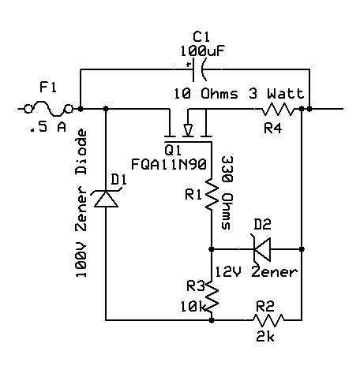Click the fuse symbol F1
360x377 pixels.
(48, 109)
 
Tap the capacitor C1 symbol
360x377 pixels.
(198, 69)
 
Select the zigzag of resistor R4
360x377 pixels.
(278, 109)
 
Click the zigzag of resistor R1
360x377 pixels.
(212, 195)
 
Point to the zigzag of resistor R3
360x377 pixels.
(212, 297)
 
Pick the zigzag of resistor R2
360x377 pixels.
(268, 320)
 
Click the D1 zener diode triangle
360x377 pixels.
(106, 199)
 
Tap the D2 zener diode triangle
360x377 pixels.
(262, 249)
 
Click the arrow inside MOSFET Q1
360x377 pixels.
(188, 129)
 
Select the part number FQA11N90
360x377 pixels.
(169, 165)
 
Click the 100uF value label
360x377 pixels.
(202, 51)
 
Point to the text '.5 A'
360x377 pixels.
(48, 127)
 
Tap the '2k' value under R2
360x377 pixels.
(265, 337)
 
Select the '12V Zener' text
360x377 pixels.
(257, 272)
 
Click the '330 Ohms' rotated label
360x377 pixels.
(227, 193)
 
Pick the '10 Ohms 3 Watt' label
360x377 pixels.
(239, 94)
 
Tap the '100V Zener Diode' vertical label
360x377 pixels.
(81, 203)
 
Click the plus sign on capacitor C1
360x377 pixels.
(189, 64)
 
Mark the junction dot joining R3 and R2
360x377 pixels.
(212, 320)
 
